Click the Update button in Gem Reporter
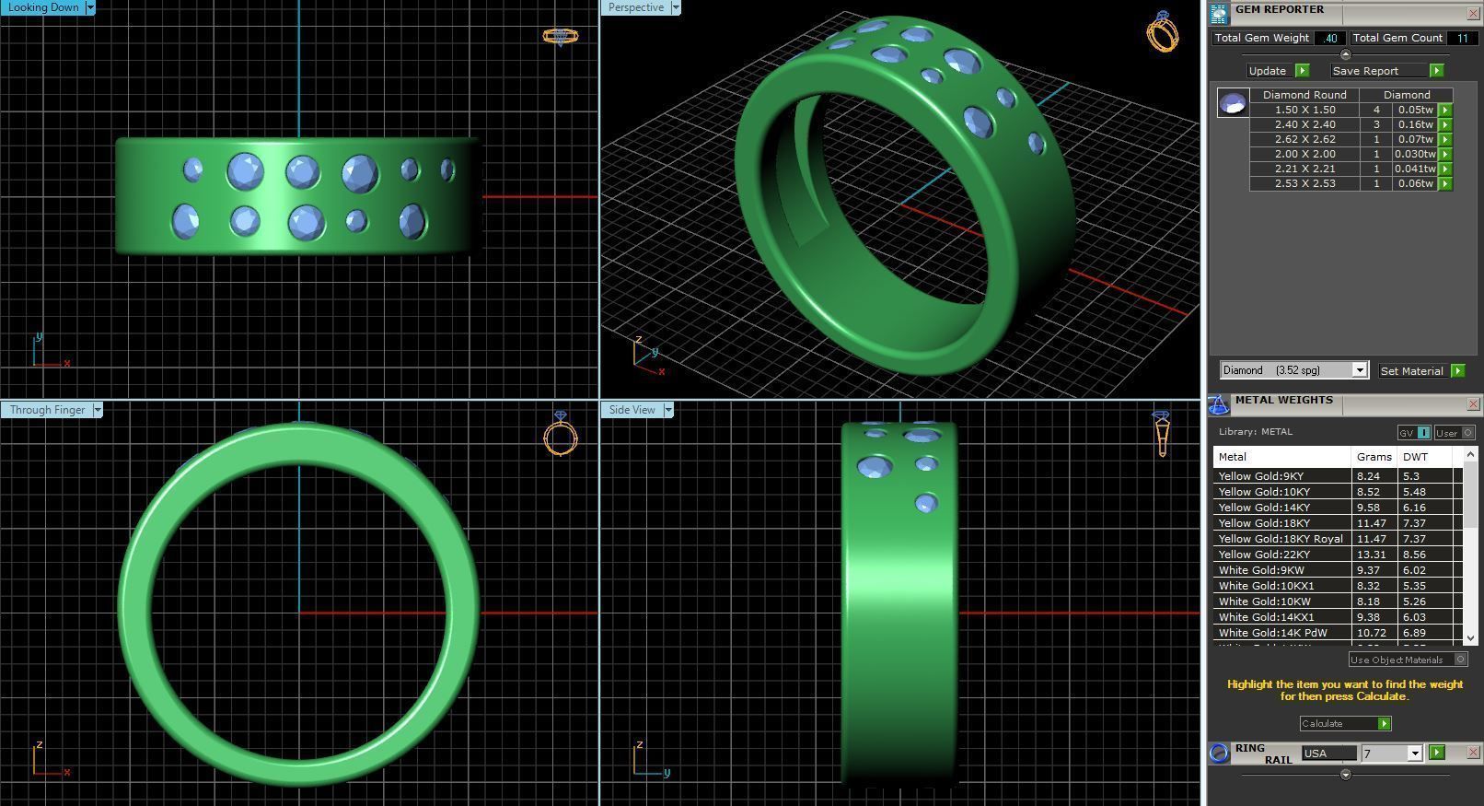click(1269, 71)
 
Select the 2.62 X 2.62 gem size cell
click(1304, 139)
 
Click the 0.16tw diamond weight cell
click(1414, 124)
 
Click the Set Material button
click(1412, 371)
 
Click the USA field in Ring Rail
click(1327, 753)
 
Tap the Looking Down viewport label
click(43, 7)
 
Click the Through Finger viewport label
click(48, 410)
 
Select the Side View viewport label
click(632, 410)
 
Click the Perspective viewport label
click(635, 7)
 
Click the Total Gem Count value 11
click(1462, 38)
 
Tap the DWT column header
click(1415, 457)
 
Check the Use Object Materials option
click(1460, 660)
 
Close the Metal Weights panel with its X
click(1473, 404)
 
